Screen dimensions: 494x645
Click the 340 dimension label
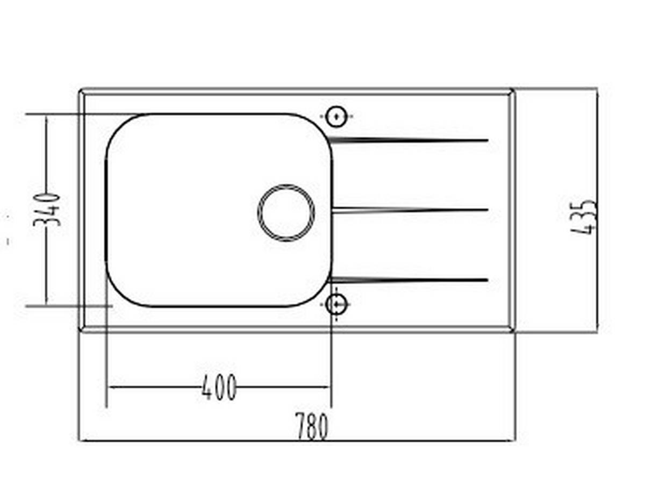point(47,209)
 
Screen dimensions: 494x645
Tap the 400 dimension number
point(219,388)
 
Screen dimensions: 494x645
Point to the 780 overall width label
point(311,426)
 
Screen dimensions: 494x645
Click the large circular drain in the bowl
point(286,213)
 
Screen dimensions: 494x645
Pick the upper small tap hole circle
point(336,116)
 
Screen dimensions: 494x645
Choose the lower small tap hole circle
point(336,304)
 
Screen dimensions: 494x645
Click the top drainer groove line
point(408,141)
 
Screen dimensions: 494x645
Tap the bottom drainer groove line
point(408,280)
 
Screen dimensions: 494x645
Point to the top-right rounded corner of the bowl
point(319,126)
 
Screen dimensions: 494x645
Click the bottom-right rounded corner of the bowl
point(319,295)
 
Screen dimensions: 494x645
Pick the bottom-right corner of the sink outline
point(513,330)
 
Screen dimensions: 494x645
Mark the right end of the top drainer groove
point(486,141)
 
